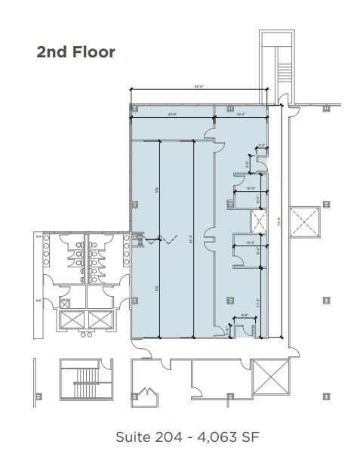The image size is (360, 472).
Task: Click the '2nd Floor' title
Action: pyautogui.click(x=75, y=52)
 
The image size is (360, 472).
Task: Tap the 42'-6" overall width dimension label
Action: pyautogui.click(x=199, y=87)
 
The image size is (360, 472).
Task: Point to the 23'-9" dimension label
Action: pyautogui.click(x=172, y=115)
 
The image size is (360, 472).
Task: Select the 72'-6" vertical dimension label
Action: pyautogui.click(x=278, y=222)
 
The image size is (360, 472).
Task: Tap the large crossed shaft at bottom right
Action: pyautogui.click(x=269, y=375)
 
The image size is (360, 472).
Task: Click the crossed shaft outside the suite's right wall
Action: pyautogui.click(x=306, y=221)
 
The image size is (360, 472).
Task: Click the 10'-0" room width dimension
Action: pyautogui.click(x=250, y=188)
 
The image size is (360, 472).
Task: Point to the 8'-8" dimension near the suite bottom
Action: pyautogui.click(x=245, y=316)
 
